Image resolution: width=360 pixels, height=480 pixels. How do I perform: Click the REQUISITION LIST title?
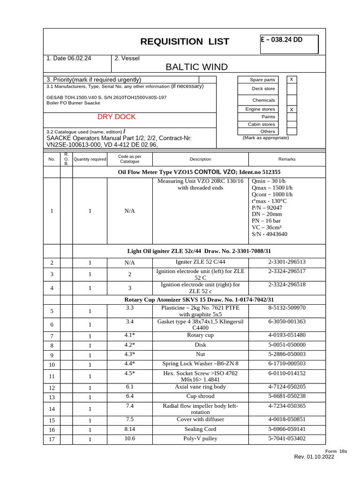point(185,42)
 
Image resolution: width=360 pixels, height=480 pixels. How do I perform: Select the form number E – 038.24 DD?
point(282,40)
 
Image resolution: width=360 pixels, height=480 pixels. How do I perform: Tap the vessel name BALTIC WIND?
point(196,67)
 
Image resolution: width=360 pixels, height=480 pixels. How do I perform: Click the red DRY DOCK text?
point(116,117)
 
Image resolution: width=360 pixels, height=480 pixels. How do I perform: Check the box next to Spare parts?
point(292,80)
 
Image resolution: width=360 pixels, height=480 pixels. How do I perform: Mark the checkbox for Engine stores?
point(292,109)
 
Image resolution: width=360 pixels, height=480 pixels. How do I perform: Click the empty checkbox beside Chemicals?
point(292,100)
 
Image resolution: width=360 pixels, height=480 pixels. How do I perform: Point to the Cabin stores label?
point(261,124)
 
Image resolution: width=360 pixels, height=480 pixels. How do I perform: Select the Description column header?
point(200,159)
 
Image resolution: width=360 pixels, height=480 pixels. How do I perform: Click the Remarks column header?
point(287,159)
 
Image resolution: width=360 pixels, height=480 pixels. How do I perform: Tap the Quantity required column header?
point(90,159)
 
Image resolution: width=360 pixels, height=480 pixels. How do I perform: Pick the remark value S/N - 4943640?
point(270,234)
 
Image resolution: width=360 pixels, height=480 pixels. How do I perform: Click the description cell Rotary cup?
point(200,335)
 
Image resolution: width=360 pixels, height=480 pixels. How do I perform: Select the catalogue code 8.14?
point(130,429)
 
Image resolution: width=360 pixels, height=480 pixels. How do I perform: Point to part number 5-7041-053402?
point(287,439)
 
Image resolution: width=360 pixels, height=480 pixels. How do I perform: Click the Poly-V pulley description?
point(200,439)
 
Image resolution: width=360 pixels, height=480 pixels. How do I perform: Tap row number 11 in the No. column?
point(52,376)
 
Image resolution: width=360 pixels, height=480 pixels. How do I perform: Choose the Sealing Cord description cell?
point(200,429)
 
